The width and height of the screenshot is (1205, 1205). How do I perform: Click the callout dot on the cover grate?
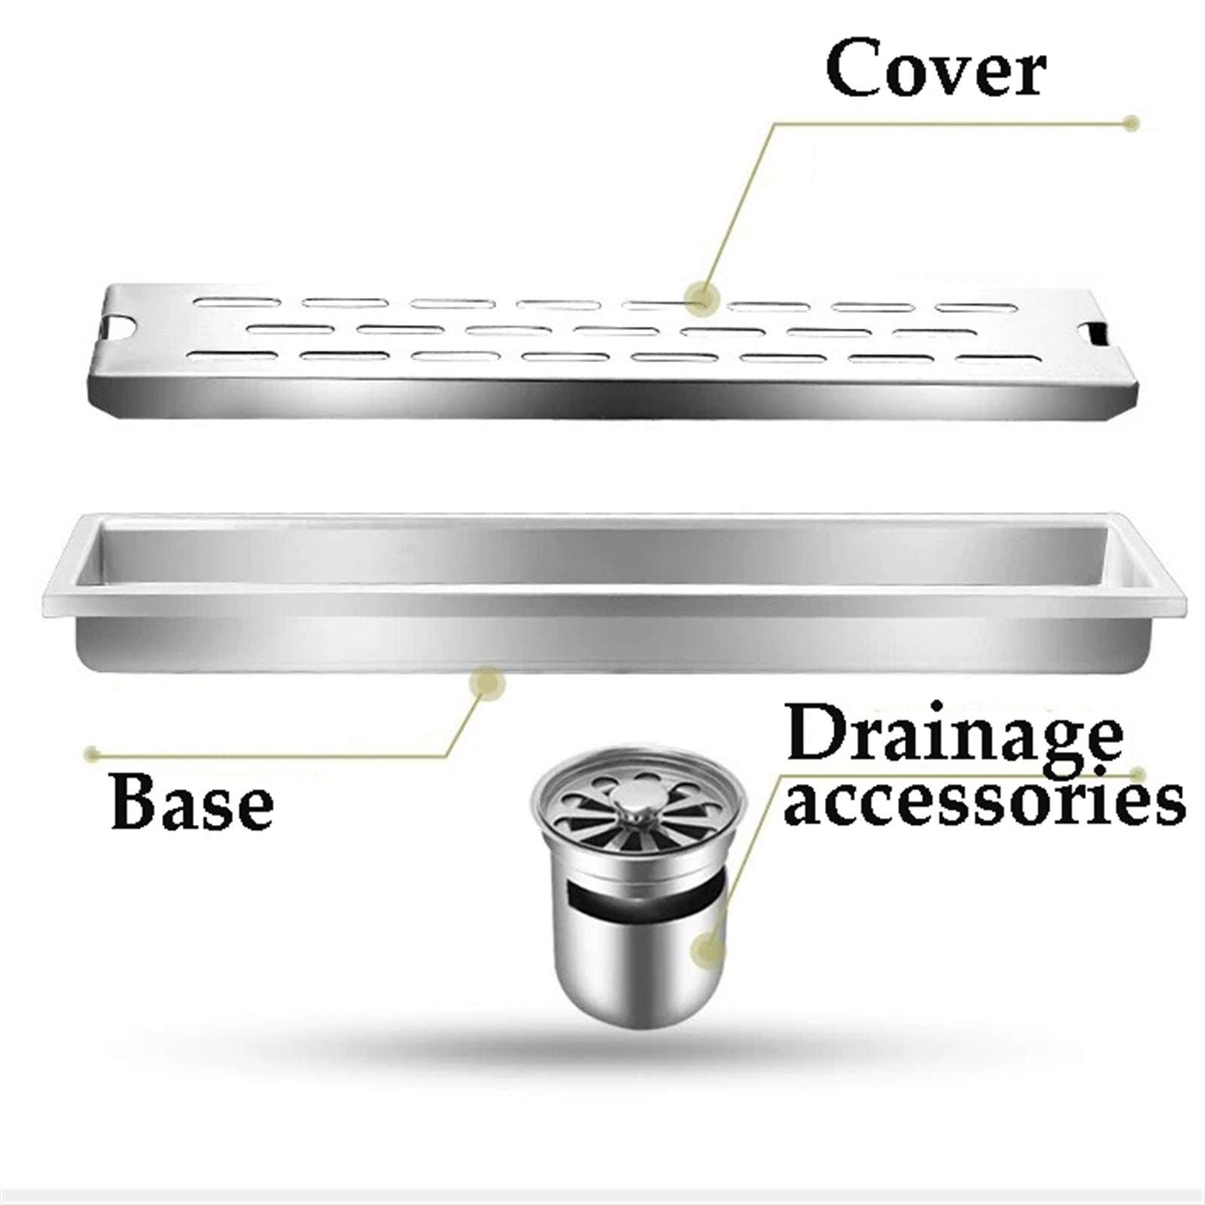click(x=701, y=296)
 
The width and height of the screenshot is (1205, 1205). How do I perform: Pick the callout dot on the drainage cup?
click(x=710, y=949)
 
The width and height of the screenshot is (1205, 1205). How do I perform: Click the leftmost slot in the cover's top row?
click(x=238, y=302)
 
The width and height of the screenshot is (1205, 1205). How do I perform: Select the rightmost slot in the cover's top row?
click(x=974, y=309)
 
